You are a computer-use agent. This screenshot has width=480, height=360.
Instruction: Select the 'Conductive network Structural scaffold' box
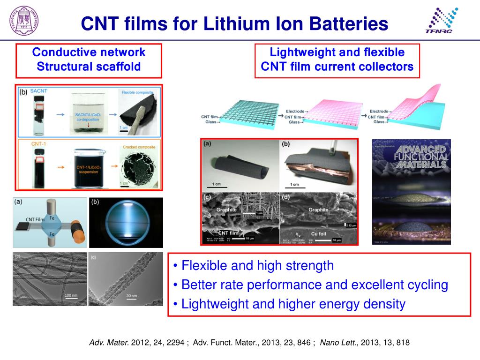pyautogui.click(x=89, y=60)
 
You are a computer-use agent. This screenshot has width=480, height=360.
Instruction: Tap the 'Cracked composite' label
pyautogui.click(x=139, y=147)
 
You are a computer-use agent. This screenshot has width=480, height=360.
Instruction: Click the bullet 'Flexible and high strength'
pyautogui.click(x=253, y=266)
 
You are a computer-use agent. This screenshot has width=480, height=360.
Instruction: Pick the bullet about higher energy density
pyautogui.click(x=289, y=304)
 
